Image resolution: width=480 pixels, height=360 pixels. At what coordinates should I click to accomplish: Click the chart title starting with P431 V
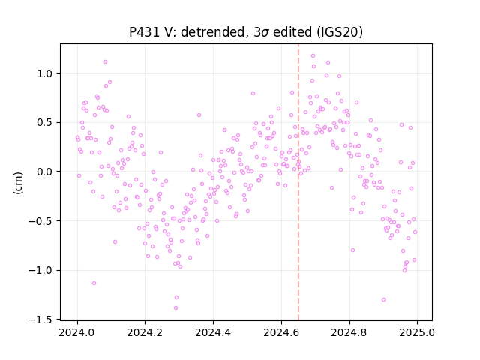click(x=246, y=32)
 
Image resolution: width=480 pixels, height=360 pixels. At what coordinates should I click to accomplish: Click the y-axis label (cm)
click(x=18, y=183)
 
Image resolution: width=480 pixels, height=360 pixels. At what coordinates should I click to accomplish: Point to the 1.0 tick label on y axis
click(x=46, y=73)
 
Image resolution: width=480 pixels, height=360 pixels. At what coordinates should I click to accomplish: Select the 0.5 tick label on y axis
click(x=46, y=122)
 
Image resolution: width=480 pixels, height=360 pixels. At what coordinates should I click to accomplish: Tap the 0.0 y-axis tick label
click(x=46, y=172)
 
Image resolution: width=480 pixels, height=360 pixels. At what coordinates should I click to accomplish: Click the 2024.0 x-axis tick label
click(x=77, y=332)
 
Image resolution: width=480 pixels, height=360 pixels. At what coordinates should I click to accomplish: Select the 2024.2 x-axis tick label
click(x=145, y=332)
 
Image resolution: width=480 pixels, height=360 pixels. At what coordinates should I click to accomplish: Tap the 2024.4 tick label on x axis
click(x=213, y=332)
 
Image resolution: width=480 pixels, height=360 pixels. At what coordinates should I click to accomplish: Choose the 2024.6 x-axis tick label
click(x=281, y=332)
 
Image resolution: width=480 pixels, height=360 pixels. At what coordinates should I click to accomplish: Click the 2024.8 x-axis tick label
click(x=349, y=332)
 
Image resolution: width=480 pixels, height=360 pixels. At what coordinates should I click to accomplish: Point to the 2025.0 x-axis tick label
click(x=417, y=332)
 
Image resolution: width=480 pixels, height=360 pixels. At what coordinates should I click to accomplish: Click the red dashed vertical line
click(x=298, y=182)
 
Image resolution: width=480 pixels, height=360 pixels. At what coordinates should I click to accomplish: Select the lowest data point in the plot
click(x=175, y=308)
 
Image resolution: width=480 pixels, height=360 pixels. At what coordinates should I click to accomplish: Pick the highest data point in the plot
click(x=313, y=56)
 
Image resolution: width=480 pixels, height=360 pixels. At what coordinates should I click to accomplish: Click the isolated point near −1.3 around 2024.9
click(x=383, y=300)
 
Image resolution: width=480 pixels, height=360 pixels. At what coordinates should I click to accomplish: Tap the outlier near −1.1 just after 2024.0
click(x=94, y=283)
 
